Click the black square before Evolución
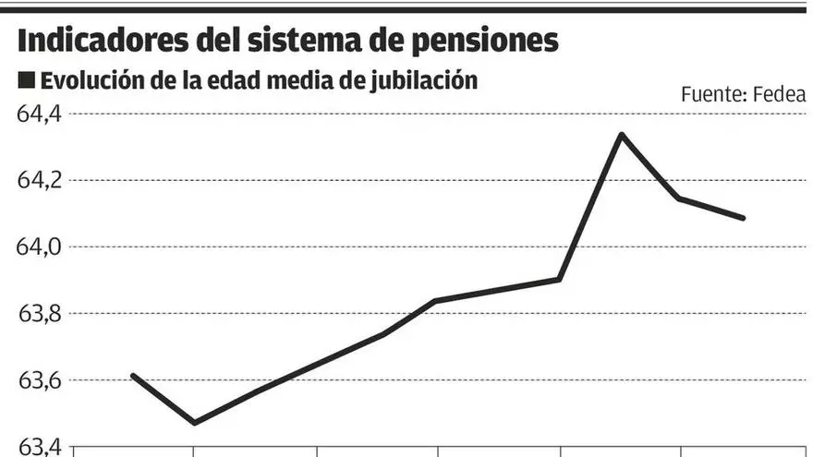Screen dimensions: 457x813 (26, 81)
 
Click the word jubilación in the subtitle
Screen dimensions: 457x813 (424, 81)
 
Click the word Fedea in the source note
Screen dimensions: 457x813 (780, 93)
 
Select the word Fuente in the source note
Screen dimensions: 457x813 (712, 93)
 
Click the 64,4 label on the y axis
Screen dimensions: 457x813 (38, 114)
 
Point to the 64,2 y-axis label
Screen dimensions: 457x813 (38, 180)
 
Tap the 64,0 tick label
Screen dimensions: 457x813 (38, 247)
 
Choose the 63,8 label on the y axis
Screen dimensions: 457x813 (38, 313)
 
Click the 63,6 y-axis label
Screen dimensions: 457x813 (38, 379)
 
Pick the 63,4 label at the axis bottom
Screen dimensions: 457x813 (38, 446)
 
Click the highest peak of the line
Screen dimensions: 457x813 (621, 135)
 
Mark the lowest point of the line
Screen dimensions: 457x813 (194, 423)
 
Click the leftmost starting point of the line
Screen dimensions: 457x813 (133, 375)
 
